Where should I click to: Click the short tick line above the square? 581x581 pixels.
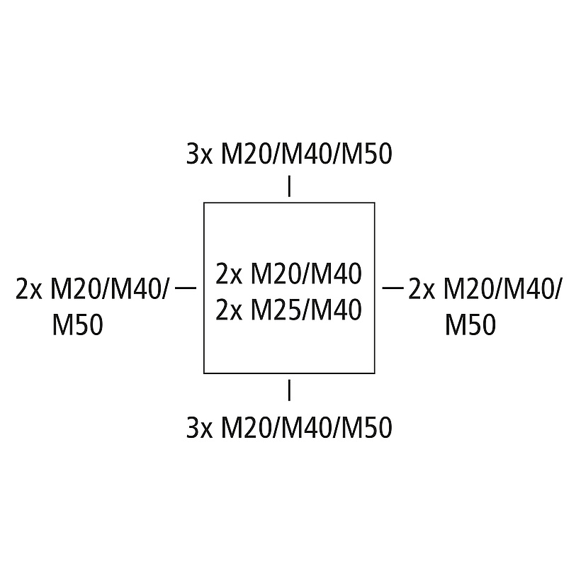tap(289, 186)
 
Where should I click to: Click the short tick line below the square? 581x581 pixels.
tap(289, 390)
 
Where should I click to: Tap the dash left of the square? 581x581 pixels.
tap(185, 288)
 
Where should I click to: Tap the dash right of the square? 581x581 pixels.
tap(393, 288)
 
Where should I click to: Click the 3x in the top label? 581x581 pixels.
tap(199, 154)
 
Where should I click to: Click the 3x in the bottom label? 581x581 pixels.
tap(199, 427)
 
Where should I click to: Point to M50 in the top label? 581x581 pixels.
tap(366, 154)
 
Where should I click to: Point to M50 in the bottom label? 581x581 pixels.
tap(366, 427)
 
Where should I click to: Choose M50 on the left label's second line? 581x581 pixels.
tap(77, 325)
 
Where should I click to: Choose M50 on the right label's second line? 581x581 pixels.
tap(470, 325)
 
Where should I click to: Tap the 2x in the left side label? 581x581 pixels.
tap(29, 289)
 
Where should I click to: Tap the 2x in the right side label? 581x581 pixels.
tap(422, 289)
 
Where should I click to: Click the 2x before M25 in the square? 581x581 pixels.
tap(229, 310)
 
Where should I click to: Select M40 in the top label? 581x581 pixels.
tap(305, 154)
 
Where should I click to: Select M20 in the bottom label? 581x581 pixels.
tap(244, 427)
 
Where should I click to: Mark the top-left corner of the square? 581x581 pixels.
tap(204, 203)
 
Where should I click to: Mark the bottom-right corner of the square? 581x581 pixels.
tap(375, 373)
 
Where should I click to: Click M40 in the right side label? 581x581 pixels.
tap(529, 289)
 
